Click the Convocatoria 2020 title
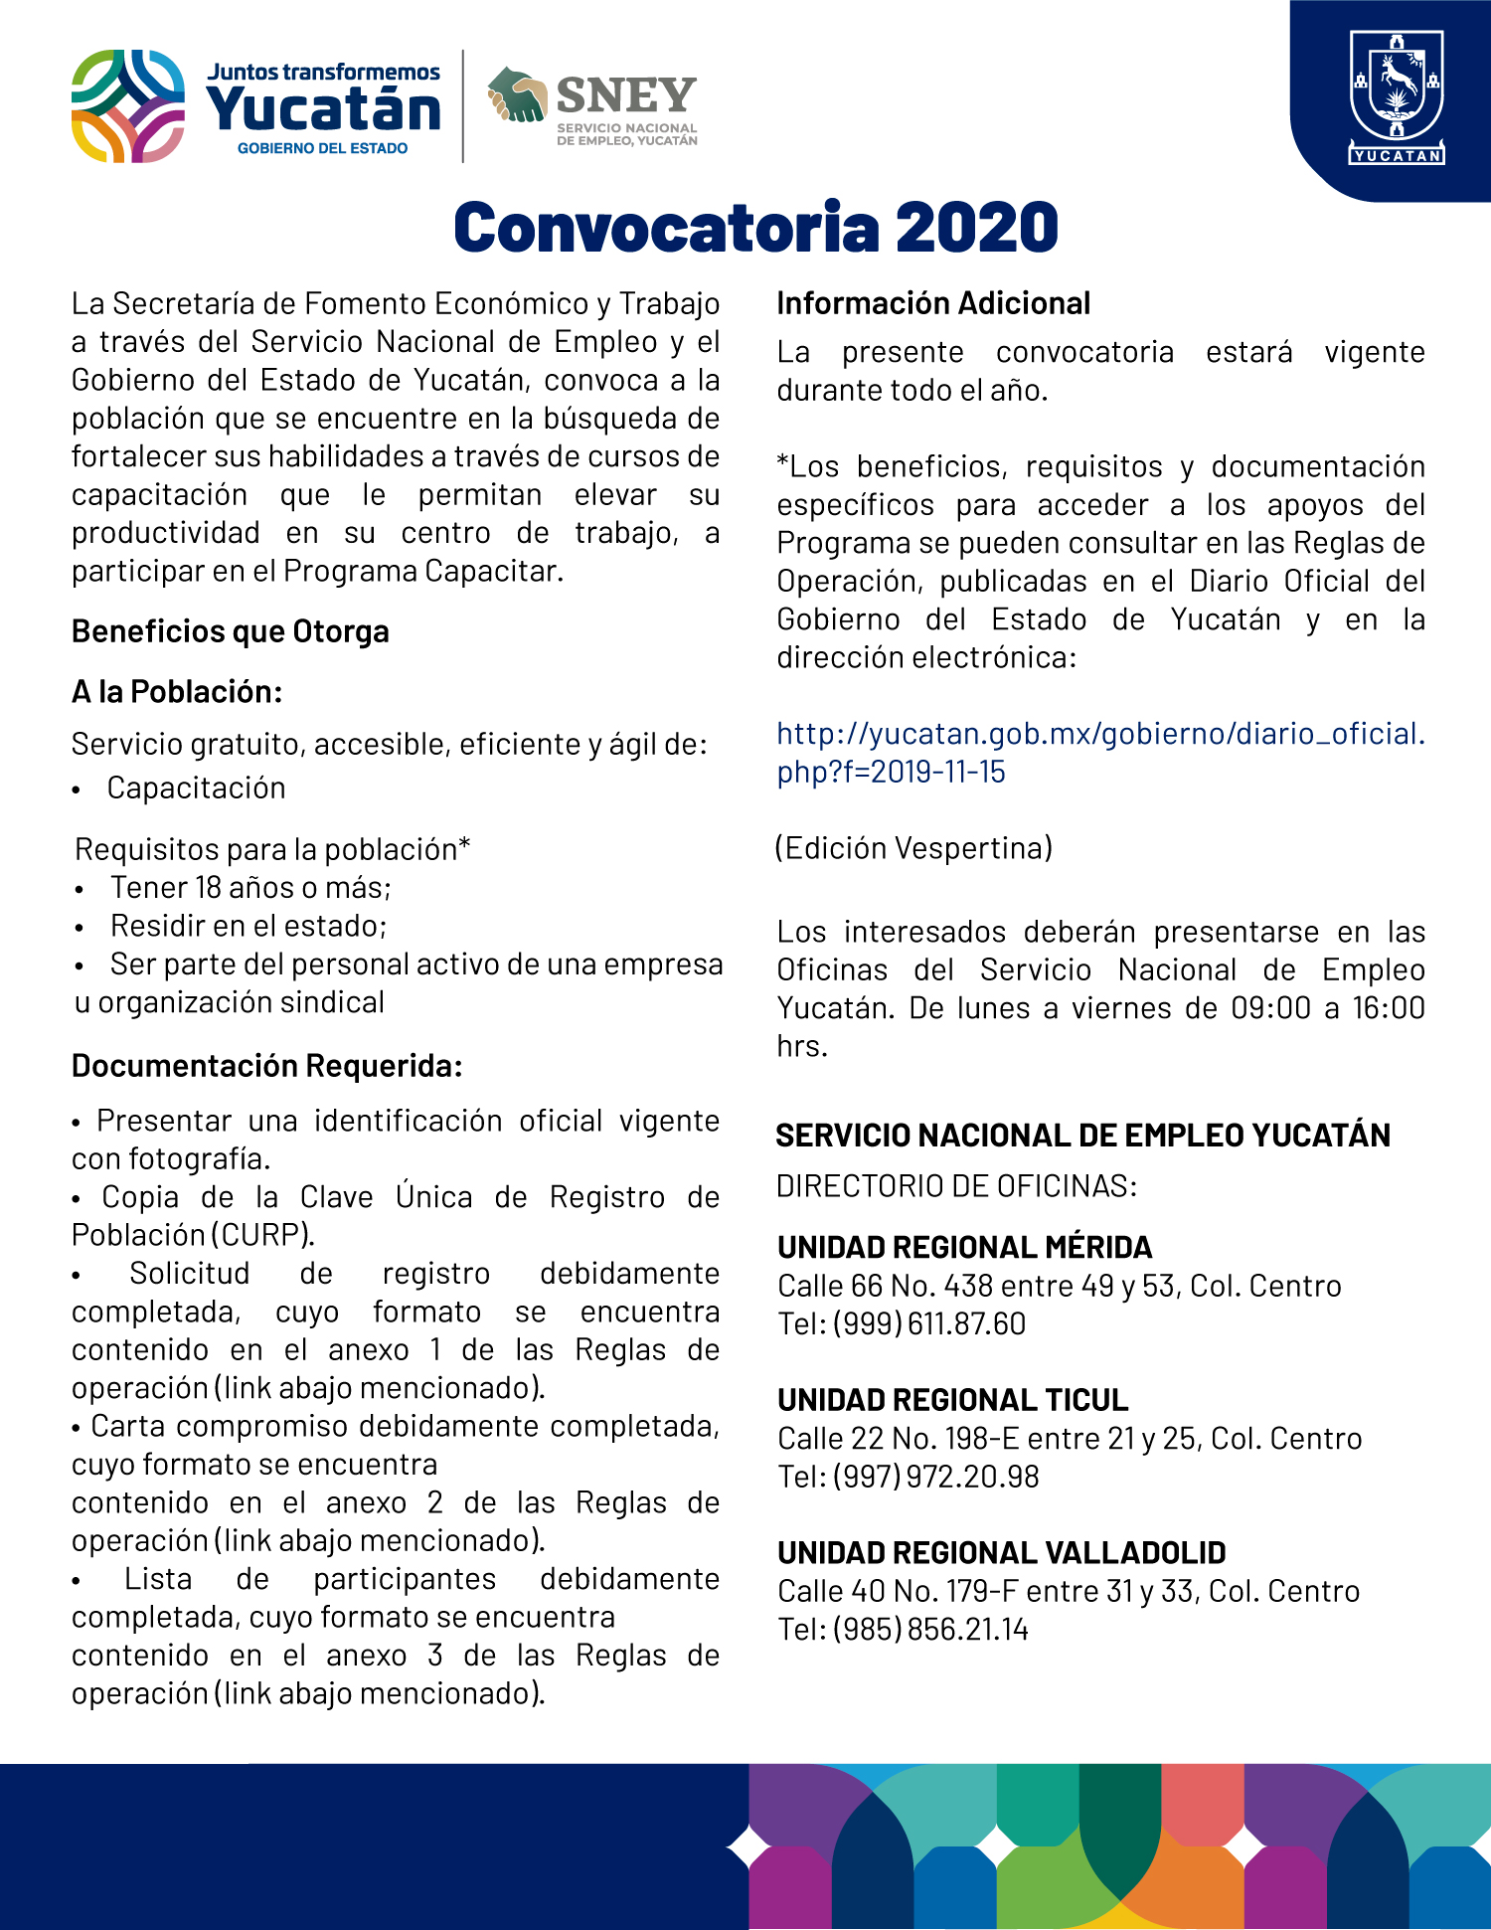click(755, 228)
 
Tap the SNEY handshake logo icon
click(517, 95)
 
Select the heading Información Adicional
click(933, 303)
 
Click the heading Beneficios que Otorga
click(230, 631)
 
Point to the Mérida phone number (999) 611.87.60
click(928, 1324)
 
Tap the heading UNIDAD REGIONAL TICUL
click(952, 1400)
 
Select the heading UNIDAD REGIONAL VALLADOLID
click(1001, 1553)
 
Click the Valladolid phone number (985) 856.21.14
click(929, 1630)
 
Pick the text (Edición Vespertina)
click(913, 848)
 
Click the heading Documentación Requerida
click(266, 1066)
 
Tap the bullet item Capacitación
click(196, 789)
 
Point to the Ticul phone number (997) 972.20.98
click(935, 1477)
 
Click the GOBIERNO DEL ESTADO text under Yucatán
click(322, 149)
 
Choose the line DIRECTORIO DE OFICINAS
click(956, 1186)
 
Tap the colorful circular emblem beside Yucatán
click(128, 106)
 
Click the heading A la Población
click(177, 692)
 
